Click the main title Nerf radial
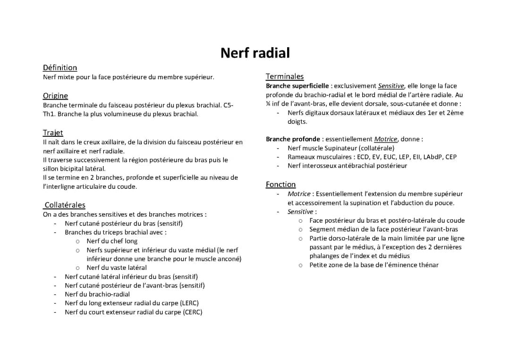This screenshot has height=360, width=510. [255, 53]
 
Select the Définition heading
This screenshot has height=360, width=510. [60, 67]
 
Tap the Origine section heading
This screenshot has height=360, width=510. [55, 96]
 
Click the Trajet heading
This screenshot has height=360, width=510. [53, 133]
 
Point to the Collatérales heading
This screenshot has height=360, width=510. [65, 205]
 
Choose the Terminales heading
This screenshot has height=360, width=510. [285, 76]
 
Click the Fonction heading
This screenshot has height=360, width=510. [280, 184]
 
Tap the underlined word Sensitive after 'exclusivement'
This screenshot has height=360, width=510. [391, 86]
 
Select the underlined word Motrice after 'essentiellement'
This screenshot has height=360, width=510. [386, 139]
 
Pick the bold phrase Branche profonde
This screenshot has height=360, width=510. [293, 139]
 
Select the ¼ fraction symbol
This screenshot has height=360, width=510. [268, 104]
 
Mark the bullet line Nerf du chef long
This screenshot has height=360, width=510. [112, 241]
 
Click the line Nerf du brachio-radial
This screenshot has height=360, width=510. [97, 294]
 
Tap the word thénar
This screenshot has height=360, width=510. [428, 265]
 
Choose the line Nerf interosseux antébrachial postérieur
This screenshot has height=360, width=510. [347, 166]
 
